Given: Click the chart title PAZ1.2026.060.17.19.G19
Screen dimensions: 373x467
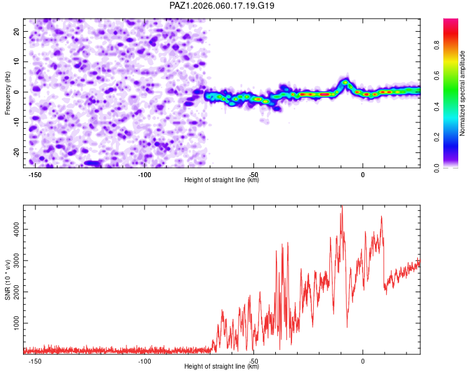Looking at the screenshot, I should pos(222,6).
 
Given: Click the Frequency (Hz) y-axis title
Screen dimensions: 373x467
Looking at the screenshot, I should pos(7,94).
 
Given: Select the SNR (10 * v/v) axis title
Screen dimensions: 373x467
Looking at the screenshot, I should pos(7,279).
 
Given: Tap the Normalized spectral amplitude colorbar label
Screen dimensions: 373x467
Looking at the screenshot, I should pos(463,94).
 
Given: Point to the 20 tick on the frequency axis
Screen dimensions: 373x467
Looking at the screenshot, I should pos(17,31).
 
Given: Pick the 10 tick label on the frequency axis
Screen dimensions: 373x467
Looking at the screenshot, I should pos(17,62).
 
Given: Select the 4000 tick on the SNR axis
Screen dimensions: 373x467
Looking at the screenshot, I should pos(13,229).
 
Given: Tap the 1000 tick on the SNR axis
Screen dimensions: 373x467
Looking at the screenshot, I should pos(13,324).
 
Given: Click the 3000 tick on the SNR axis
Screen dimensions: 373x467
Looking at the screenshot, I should pos(13,261).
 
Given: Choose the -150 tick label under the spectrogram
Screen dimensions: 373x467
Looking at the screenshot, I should pos(35,175).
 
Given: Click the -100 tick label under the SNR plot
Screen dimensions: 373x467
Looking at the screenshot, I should pos(144,361).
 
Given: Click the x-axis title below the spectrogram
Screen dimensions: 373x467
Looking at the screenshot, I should pos(222,180).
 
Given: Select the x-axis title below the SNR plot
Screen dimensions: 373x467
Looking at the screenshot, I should pos(222,367).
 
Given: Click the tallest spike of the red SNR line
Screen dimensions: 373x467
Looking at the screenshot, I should pos(342,209).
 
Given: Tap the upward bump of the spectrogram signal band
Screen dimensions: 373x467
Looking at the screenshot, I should pos(344,82).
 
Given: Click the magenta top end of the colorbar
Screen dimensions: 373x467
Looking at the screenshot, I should pos(451,22).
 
